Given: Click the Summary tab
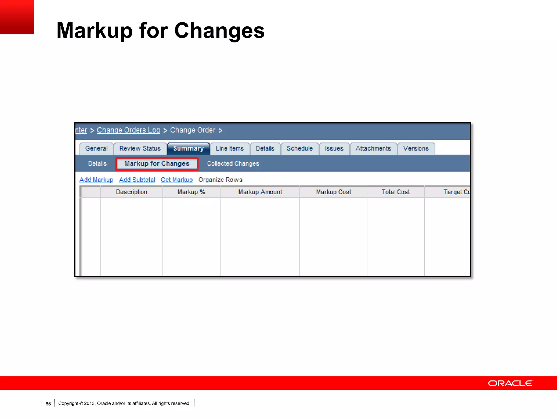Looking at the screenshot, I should click(188, 149).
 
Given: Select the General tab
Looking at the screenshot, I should click(97, 149).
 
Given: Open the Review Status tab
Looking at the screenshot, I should click(140, 149).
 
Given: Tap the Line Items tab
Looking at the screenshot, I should click(230, 149).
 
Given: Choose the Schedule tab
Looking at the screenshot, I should click(300, 149).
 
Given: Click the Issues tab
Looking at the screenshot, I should click(334, 149).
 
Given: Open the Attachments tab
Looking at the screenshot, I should click(373, 149).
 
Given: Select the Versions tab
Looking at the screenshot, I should click(416, 149).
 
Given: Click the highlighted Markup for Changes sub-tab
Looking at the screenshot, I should click(157, 164).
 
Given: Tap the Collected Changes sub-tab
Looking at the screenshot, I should click(233, 164).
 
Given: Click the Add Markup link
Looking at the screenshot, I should click(96, 180).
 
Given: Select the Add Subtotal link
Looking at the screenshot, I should click(137, 180).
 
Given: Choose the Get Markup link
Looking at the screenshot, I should click(177, 180).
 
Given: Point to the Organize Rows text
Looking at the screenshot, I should click(220, 180).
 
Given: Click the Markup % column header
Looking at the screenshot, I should click(191, 192).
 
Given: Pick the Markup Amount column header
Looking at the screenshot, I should click(260, 192).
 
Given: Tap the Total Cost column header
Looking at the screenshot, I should click(396, 192).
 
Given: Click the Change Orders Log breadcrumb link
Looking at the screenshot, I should click(129, 130).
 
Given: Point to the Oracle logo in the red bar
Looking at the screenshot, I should click(510, 383).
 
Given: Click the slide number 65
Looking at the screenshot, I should click(48, 404).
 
